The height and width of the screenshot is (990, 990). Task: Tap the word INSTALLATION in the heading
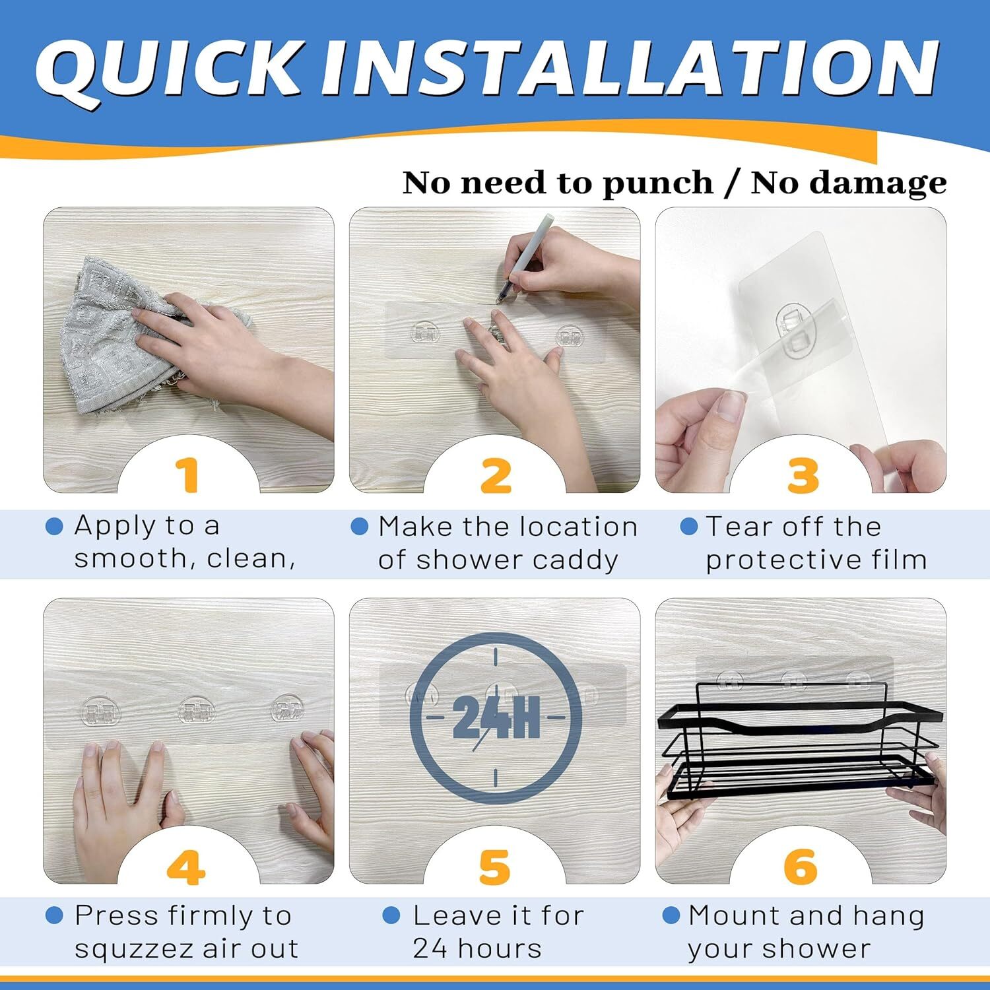point(630,69)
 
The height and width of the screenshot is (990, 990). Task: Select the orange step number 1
point(188,475)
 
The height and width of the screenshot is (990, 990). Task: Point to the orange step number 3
point(803,475)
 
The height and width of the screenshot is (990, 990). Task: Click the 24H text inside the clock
point(496,717)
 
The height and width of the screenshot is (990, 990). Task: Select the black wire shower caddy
point(799,746)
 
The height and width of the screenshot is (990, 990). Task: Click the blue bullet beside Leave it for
point(391,915)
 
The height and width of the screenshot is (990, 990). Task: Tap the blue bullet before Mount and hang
point(671,915)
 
